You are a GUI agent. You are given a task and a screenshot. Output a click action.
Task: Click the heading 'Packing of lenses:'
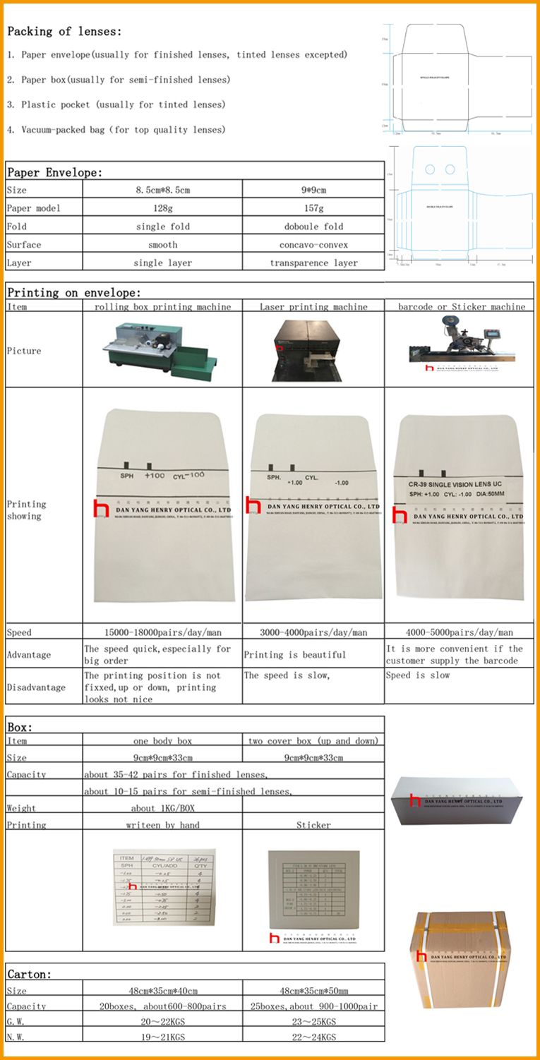point(64,32)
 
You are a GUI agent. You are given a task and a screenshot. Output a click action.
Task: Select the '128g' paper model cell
point(162,208)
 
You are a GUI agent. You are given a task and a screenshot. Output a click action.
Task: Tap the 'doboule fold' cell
point(313,227)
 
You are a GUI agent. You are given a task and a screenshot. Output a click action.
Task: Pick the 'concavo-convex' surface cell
point(313,245)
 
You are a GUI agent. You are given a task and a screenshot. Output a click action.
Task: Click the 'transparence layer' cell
point(313,263)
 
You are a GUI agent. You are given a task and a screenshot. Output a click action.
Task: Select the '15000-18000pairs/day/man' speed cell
point(162,633)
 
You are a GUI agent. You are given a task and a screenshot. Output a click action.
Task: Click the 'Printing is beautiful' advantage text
point(295,655)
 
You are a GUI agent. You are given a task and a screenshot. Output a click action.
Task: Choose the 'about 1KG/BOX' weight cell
point(162,808)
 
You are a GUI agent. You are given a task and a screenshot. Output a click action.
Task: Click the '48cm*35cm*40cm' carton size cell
point(162,991)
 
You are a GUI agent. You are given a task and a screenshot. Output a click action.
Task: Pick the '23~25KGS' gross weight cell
point(313,1022)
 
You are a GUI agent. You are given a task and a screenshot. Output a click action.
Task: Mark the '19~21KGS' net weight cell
point(162,1037)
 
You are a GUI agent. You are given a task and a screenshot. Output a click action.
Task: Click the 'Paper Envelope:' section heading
point(54,173)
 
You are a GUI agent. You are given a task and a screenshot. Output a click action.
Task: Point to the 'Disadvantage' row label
point(36,687)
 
